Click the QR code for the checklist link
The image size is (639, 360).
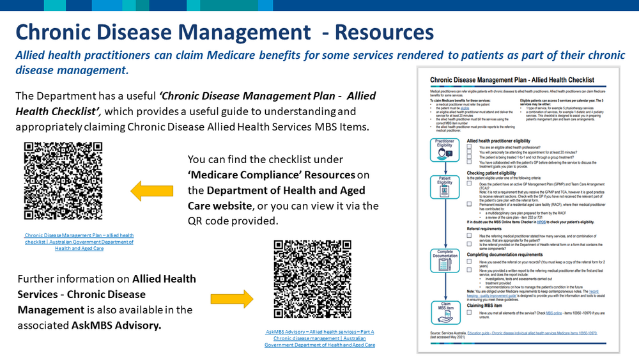pyautogui.click(x=63, y=182)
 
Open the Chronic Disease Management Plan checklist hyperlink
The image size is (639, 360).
pyautogui.click(x=79, y=242)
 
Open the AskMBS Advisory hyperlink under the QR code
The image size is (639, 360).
pyautogui.click(x=319, y=338)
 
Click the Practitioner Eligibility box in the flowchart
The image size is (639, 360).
pyautogui.click(x=444, y=149)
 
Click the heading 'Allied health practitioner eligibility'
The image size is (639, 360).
pyautogui.click(x=508, y=140)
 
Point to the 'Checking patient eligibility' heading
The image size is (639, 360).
pyautogui.click(x=501, y=173)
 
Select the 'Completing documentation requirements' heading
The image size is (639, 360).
pyautogui.click(x=514, y=254)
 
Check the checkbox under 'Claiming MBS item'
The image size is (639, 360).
pyautogui.click(x=470, y=312)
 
